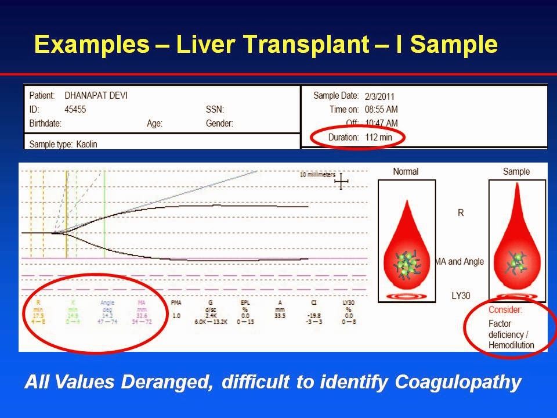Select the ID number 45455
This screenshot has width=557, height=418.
tap(75, 109)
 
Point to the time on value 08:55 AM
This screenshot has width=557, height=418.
tap(381, 110)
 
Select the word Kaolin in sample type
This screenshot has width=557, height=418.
tap(87, 143)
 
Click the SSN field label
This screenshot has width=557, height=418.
tap(215, 109)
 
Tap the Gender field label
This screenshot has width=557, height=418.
tap(219, 123)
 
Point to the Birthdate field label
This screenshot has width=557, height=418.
tap(45, 123)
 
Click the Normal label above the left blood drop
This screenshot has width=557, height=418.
tap(406, 171)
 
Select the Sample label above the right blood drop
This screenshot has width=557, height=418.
tap(516, 171)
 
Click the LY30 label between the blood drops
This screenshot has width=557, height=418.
tap(461, 296)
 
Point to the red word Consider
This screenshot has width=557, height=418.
tap(505, 310)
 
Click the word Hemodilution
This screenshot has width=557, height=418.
tap(511, 345)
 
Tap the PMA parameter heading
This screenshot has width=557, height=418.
tap(177, 302)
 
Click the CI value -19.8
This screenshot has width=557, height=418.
tap(316, 315)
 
